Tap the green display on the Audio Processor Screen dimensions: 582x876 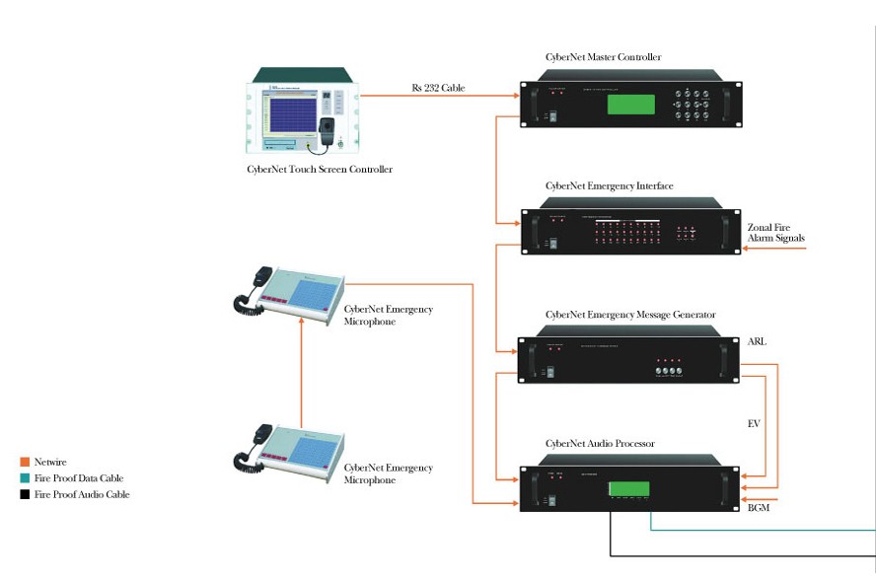point(628,488)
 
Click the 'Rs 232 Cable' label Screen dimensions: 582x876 point(438,88)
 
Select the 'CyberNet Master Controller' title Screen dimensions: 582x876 point(603,57)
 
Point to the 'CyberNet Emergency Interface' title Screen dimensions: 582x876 point(609,185)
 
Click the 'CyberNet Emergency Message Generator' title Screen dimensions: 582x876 point(629,315)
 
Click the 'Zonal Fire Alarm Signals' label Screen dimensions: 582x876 point(775,233)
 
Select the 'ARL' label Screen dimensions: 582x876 point(757,341)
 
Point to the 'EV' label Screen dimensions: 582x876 point(753,423)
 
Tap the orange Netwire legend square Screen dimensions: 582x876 point(25,461)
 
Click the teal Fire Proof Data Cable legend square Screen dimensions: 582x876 point(25,477)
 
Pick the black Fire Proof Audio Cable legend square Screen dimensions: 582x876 point(25,494)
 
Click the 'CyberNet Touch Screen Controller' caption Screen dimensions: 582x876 point(320,170)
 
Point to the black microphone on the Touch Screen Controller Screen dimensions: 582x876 point(328,128)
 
